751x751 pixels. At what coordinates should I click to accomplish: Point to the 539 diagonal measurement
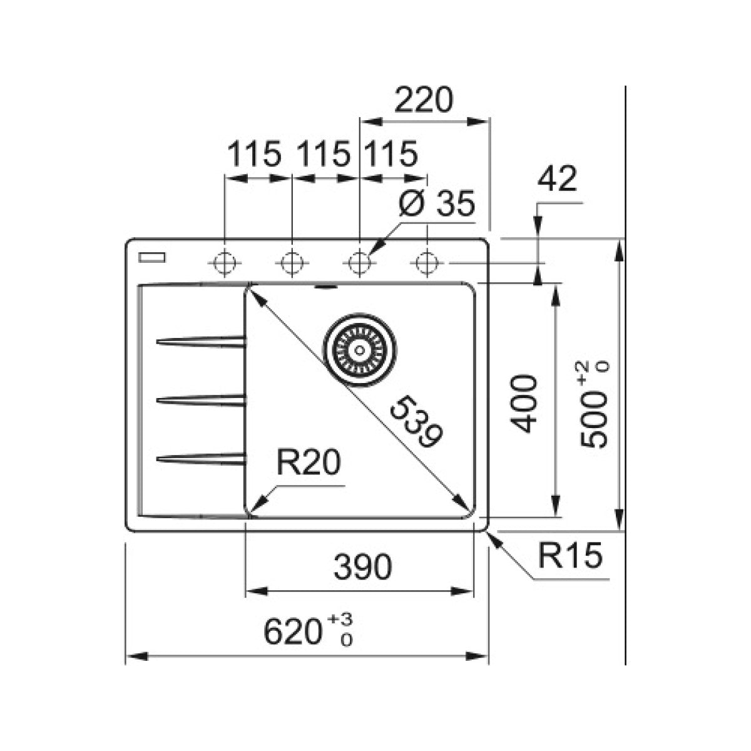click(x=416, y=421)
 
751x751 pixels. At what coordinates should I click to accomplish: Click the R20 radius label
click(x=309, y=462)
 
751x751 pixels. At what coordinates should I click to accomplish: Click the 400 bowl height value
click(x=524, y=404)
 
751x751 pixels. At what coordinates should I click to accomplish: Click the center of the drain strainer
click(x=360, y=350)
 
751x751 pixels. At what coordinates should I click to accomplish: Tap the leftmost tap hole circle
click(x=225, y=262)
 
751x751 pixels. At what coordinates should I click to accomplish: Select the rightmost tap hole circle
click(x=427, y=262)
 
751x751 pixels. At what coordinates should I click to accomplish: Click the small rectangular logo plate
click(x=152, y=257)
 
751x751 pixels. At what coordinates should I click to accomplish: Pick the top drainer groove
click(x=201, y=342)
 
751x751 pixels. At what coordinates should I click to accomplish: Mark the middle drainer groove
click(x=201, y=400)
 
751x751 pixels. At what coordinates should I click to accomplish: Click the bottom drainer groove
click(x=201, y=459)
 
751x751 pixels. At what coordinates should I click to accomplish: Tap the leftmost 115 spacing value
click(x=253, y=154)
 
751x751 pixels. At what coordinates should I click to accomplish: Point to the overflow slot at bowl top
click(x=325, y=288)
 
